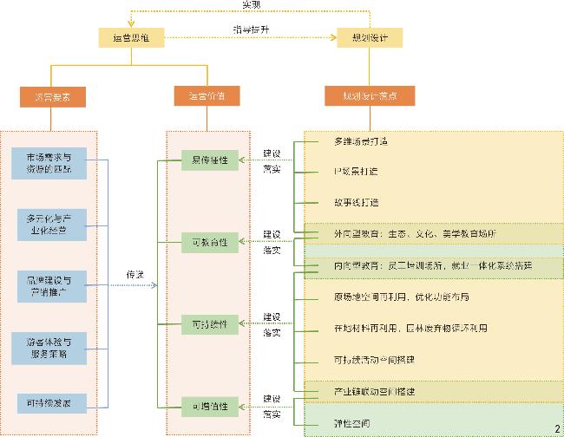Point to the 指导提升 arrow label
(250, 29)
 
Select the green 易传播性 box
(210, 160)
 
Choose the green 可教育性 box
(210, 242)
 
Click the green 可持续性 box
(210, 325)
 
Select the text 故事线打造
(356, 203)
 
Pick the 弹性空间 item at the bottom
(351, 423)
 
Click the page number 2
(556, 428)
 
